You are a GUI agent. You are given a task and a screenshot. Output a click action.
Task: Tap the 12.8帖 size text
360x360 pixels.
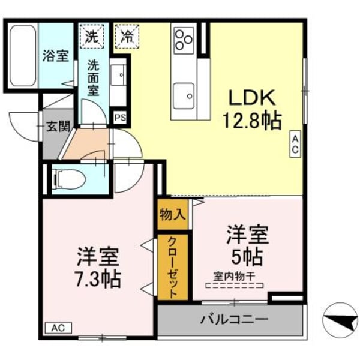252,121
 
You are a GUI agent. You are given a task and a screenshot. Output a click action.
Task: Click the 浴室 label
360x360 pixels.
55,55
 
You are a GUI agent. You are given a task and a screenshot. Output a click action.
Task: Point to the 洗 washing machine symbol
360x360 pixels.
91,35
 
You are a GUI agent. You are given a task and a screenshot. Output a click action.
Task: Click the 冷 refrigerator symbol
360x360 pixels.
127,35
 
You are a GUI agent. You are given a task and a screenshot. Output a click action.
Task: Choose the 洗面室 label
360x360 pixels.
94,77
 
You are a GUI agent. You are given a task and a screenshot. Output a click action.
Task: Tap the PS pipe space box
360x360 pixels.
120,118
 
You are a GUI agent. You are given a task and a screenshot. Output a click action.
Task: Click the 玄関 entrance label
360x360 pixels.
58,127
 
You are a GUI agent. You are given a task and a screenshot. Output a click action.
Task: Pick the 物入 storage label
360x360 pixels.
173,214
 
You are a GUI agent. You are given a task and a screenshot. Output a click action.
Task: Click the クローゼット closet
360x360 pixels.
173,268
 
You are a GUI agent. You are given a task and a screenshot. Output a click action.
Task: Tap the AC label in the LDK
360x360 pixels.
296,144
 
